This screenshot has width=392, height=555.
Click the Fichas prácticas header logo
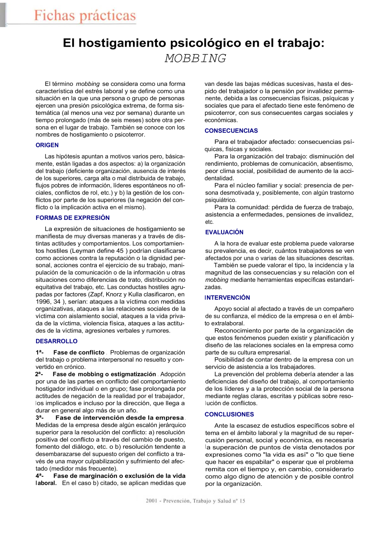(x=85, y=16)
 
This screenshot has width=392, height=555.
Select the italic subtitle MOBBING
(x=195, y=58)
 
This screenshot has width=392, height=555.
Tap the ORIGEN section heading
(x=47, y=145)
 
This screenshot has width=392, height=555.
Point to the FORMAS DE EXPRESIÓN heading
(x=73, y=218)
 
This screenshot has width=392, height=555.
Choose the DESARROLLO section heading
(x=56, y=341)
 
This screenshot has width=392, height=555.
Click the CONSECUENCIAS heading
(x=231, y=131)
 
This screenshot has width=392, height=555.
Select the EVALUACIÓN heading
(x=224, y=232)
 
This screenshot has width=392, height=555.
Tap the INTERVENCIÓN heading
(x=227, y=298)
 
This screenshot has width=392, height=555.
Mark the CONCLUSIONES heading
(x=229, y=415)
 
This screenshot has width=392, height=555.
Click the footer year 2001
(x=151, y=501)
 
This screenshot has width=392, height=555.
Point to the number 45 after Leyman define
(x=120, y=251)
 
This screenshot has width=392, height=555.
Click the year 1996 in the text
(x=43, y=302)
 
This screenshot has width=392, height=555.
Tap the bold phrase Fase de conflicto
(x=79, y=353)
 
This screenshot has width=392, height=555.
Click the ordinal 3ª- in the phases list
(x=40, y=418)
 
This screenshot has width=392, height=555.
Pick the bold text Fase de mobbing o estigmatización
(x=104, y=374)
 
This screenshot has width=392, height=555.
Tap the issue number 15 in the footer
(x=242, y=501)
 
